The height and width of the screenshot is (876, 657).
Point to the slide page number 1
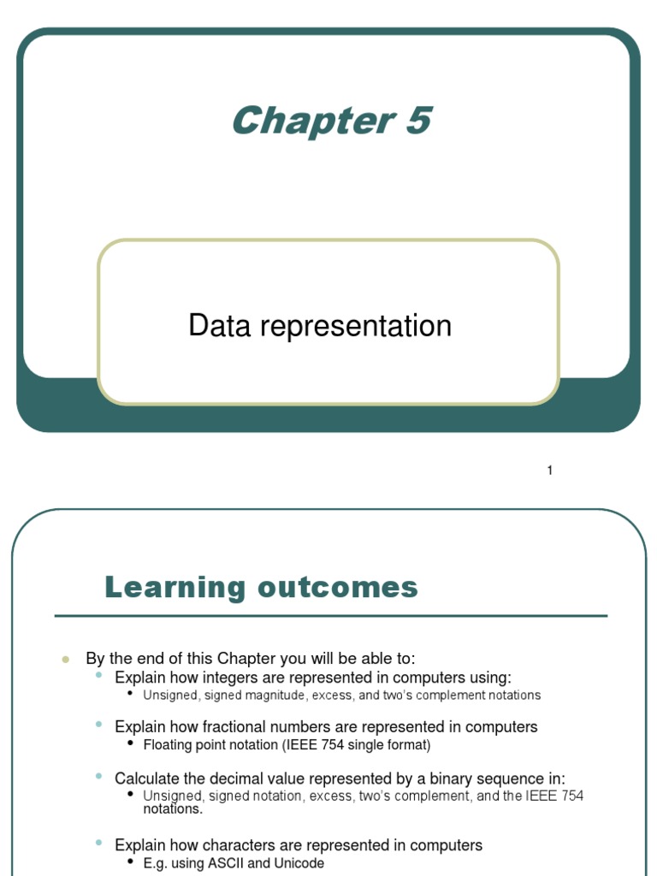[x=550, y=471]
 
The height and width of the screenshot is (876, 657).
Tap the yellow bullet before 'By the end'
[x=65, y=660]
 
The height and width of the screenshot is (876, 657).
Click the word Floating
[x=169, y=745]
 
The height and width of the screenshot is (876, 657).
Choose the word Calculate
[x=148, y=778]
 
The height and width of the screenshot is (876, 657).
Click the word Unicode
[x=298, y=864]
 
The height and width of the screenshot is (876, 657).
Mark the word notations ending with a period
[x=173, y=808]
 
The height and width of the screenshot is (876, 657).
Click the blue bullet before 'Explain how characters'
[x=99, y=844]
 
